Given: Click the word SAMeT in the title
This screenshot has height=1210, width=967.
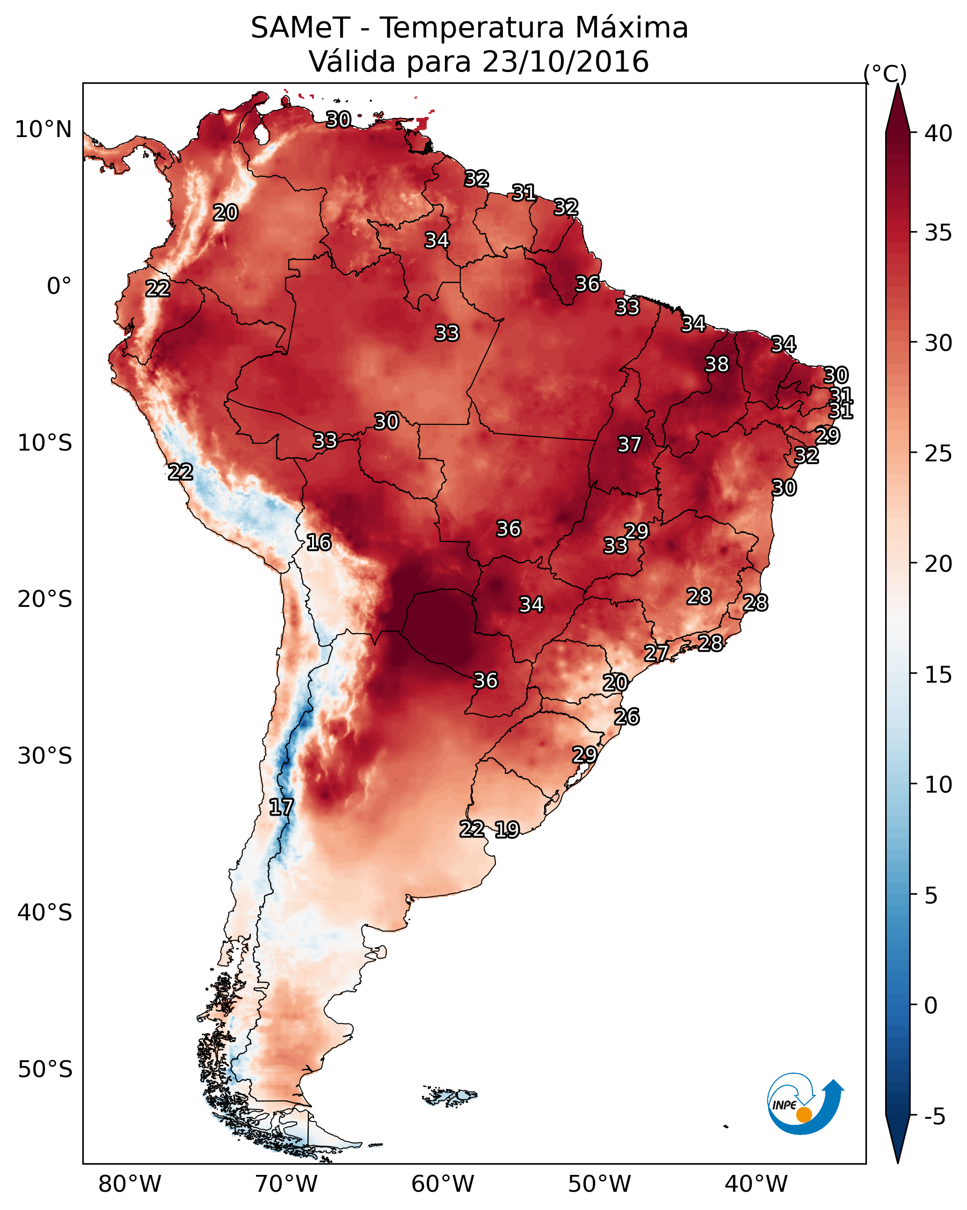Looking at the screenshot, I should click(300, 28).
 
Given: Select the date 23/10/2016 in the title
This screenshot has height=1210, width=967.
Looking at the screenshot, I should click(565, 62).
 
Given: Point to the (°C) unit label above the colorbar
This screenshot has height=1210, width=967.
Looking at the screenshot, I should click(885, 73).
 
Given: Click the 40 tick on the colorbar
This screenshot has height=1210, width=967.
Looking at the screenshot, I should click(938, 133).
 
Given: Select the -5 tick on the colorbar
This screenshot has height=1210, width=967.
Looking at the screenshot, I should click(934, 1117).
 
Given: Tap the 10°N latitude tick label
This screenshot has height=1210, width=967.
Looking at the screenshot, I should click(43, 130).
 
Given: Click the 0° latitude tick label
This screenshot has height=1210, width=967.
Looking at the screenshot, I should click(59, 286).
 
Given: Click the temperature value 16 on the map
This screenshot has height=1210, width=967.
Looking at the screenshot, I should click(319, 543).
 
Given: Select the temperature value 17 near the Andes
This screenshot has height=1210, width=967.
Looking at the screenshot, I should click(281, 808).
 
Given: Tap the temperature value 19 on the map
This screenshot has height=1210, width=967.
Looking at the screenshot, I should click(507, 830).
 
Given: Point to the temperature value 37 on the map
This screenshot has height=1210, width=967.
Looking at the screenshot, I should click(629, 445).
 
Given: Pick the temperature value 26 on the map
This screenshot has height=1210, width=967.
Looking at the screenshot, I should click(626, 717).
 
